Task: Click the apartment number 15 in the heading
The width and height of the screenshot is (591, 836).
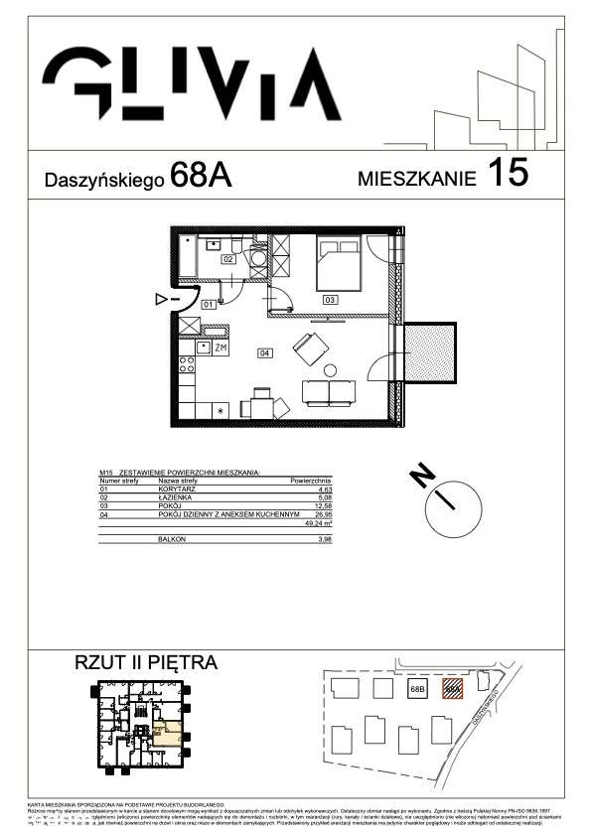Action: [x=508, y=175]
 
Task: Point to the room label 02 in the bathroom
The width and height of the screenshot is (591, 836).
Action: [x=227, y=258]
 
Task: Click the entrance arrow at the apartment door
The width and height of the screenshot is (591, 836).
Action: [x=163, y=298]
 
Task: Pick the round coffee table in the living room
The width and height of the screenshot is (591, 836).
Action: [x=330, y=370]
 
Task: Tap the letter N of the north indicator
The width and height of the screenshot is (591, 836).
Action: [x=422, y=477]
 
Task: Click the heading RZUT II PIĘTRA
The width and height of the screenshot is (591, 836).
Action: [x=146, y=662]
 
